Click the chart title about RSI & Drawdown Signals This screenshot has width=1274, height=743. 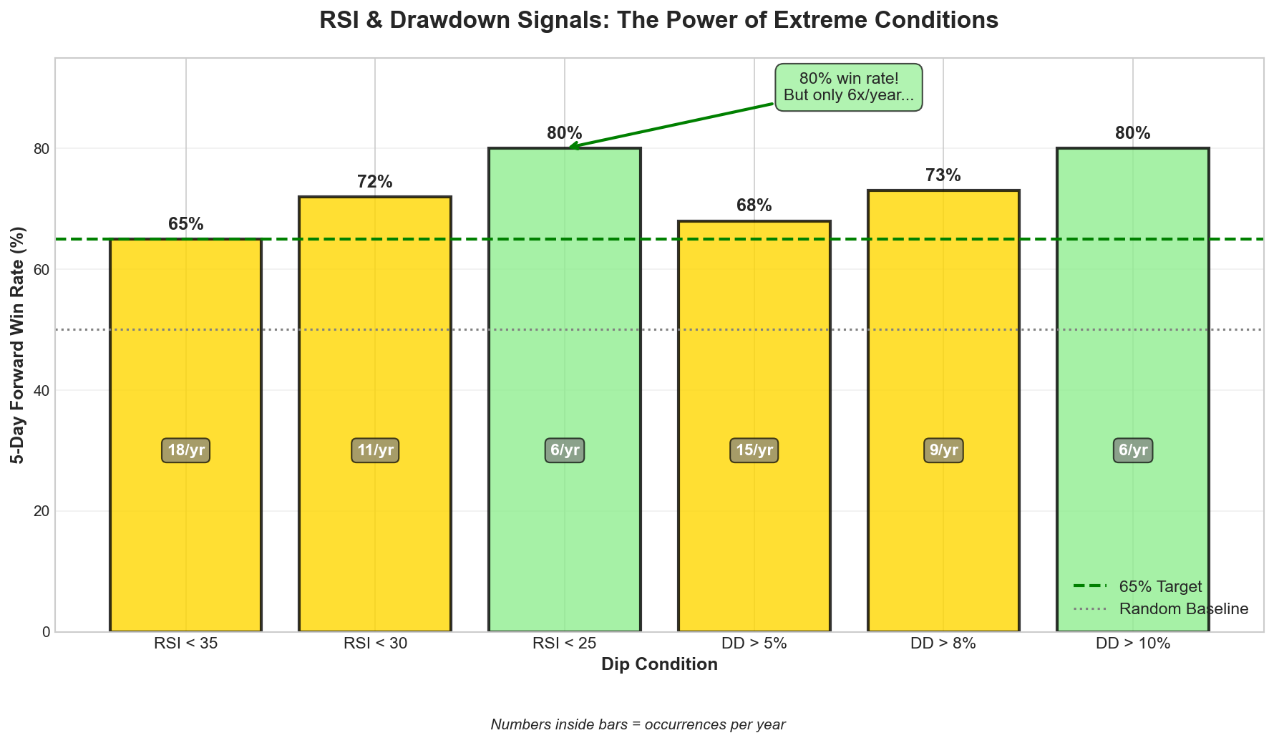[658, 20]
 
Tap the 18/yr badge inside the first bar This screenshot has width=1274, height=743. [186, 451]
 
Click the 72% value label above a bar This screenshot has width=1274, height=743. [375, 182]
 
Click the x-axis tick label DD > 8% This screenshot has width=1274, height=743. [943, 644]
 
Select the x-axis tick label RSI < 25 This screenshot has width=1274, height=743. [565, 644]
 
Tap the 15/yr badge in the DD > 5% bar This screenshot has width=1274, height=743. [754, 451]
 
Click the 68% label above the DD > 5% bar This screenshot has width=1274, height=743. [754, 206]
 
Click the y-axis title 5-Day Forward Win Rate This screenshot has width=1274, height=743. [19, 345]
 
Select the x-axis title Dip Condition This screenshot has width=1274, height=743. [659, 664]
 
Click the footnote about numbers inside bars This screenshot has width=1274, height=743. [638, 724]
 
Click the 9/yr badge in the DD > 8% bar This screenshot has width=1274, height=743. [943, 451]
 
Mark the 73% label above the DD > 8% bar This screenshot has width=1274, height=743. [943, 175]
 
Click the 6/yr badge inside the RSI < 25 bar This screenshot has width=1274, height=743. [565, 451]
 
